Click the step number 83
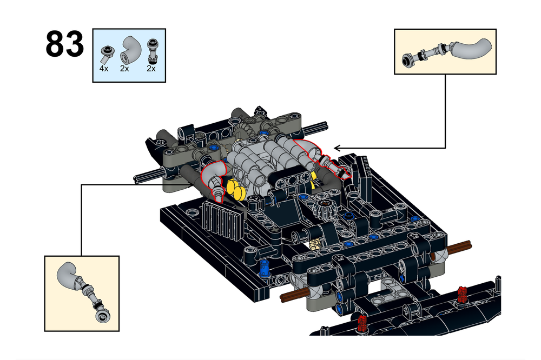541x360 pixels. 64,44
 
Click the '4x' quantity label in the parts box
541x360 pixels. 104,69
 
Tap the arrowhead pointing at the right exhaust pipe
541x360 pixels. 337,147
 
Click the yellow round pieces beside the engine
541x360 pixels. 235,189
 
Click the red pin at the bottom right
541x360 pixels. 461,295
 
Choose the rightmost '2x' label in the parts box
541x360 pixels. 151,69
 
